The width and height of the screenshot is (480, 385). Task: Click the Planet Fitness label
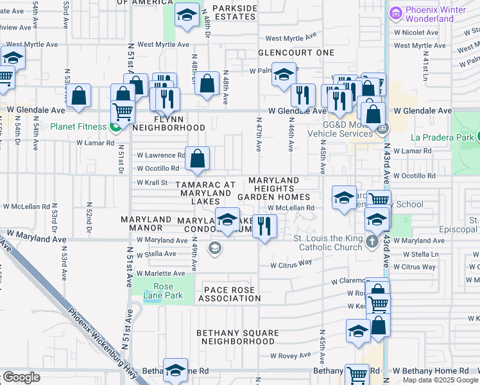80,126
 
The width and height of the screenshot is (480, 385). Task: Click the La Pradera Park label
441,137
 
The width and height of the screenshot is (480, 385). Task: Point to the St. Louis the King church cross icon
373,243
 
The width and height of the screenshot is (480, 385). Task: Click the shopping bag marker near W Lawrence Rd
198,157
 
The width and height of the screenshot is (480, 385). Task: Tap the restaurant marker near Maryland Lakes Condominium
264,225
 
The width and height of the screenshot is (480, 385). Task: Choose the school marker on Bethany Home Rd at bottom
175,370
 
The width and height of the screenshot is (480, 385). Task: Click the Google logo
21,377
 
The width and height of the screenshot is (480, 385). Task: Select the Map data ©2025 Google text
440,380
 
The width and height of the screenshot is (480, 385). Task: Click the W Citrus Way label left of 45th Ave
291,263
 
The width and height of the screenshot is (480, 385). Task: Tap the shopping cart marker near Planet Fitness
123,112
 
